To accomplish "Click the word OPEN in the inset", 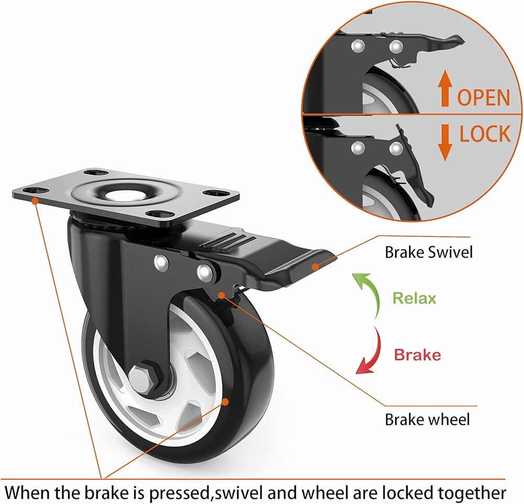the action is (484, 97).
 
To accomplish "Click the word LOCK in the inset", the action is (485, 134).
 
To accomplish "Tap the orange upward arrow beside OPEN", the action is (445, 88).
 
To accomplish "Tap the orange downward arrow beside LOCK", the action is (445, 143).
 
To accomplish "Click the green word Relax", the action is (414, 298).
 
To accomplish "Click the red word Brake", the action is (418, 355).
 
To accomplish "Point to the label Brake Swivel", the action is (429, 253).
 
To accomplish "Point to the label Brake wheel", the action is (427, 420).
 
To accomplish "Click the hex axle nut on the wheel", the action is (143, 378).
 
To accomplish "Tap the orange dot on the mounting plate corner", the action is (35, 200).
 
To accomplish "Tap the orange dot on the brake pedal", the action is (314, 266).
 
